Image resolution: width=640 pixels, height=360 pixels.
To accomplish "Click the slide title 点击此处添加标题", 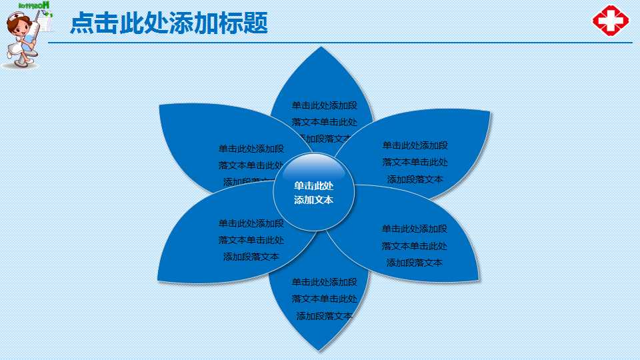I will click(169, 23).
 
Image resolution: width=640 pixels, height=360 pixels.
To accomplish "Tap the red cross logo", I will click(611, 21).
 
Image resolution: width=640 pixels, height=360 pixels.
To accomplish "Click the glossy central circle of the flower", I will click(314, 192).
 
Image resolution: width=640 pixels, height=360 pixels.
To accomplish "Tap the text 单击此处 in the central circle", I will click(314, 186).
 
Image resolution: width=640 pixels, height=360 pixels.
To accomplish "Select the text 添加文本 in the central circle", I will click(314, 200).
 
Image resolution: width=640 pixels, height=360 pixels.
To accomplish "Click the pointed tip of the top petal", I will click(323, 48).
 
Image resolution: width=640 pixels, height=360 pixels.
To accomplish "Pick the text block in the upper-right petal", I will click(415, 162).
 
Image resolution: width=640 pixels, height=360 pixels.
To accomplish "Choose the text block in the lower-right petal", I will click(414, 245).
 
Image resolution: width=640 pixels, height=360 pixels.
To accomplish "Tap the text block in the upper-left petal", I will click(251, 164).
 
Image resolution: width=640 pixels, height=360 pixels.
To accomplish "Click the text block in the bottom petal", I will click(324, 299).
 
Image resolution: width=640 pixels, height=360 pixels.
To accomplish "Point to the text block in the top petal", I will click(324, 121).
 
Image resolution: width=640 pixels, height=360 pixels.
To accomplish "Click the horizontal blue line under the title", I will click(333, 42).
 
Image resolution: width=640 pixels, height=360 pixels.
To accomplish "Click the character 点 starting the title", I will click(82, 23).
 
